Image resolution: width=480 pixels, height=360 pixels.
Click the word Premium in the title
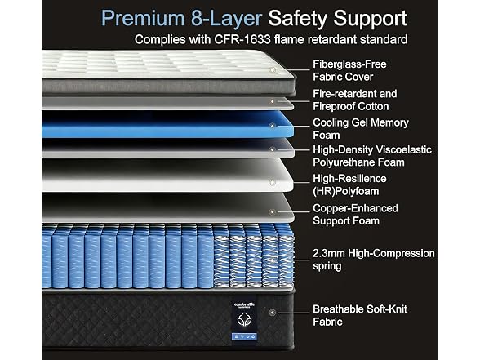[143, 18]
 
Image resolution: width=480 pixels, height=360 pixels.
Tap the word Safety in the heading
[298, 19]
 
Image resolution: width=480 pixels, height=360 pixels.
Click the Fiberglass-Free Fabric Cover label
[349, 70]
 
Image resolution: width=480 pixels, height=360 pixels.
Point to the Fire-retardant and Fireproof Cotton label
[354, 100]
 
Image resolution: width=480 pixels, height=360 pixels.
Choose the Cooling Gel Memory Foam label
[361, 129]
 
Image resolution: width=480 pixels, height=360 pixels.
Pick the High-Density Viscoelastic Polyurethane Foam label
[372, 156]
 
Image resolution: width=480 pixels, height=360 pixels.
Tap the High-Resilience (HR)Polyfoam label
[349, 184]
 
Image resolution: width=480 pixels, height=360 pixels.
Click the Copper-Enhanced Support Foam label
[355, 214]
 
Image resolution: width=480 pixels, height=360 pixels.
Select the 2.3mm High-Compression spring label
[374, 260]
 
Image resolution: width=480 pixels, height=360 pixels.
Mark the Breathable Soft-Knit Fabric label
[360, 315]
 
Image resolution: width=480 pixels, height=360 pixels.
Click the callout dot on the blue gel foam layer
[273, 126]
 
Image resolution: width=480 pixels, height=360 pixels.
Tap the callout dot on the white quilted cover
[273, 70]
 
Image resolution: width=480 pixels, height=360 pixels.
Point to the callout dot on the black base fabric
[273, 313]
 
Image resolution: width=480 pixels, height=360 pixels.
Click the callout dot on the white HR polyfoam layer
[272, 183]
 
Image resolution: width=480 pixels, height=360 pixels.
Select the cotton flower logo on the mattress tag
[244, 319]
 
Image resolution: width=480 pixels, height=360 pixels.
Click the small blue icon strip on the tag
[244, 336]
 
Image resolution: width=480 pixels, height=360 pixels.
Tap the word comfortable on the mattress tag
[244, 304]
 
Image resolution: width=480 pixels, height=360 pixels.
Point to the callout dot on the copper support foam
[272, 212]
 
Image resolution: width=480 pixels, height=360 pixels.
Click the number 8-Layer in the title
[226, 19]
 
